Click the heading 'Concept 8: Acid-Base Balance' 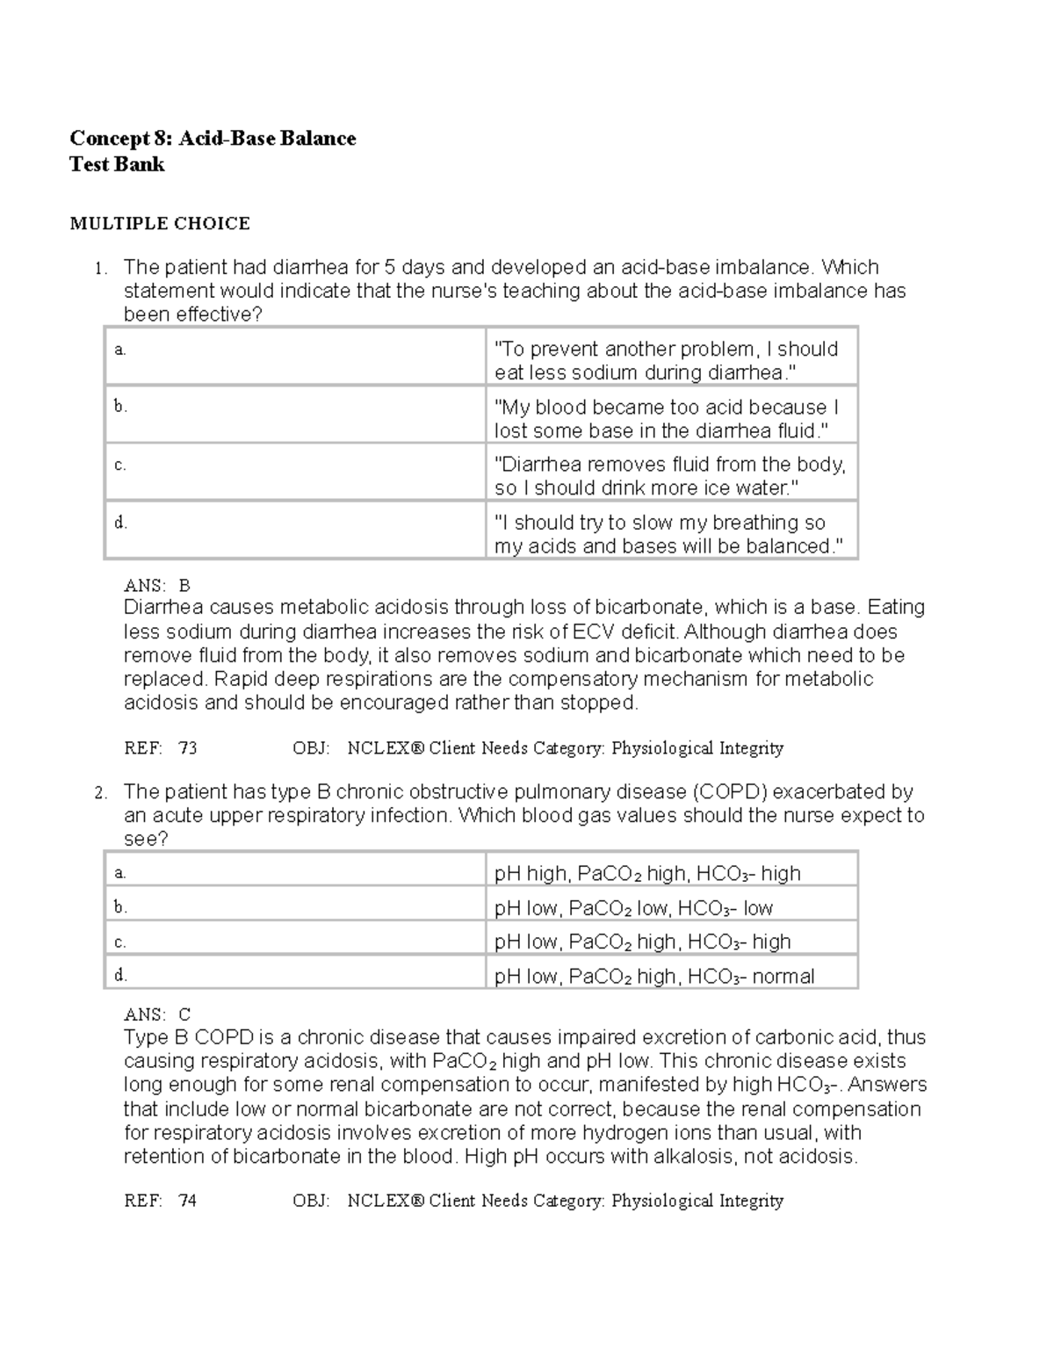click(x=213, y=138)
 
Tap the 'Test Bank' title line click(x=117, y=164)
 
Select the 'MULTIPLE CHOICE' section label click(x=160, y=223)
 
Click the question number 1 click(x=101, y=269)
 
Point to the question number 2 click(x=101, y=793)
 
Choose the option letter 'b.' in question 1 click(x=120, y=407)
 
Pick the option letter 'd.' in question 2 click(x=120, y=974)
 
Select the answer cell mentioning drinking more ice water click(x=669, y=475)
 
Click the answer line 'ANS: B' click(x=157, y=585)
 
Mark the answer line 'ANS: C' click(x=157, y=1014)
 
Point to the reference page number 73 click(x=187, y=748)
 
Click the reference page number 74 click(x=187, y=1201)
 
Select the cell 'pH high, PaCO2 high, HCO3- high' click(x=647, y=873)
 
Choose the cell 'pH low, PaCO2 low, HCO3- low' click(x=633, y=907)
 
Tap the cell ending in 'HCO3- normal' click(x=654, y=976)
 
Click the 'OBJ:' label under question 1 click(x=311, y=748)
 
